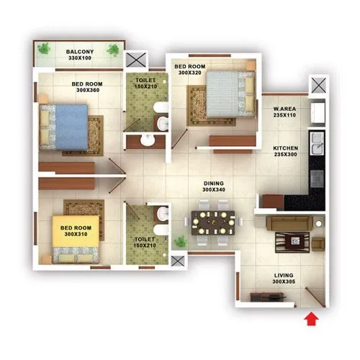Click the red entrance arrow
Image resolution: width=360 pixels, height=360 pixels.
(x=311, y=318)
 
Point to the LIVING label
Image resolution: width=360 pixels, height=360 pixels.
(x=285, y=276)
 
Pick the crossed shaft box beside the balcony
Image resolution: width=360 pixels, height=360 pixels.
(x=135, y=60)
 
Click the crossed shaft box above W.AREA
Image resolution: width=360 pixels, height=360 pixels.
(x=318, y=85)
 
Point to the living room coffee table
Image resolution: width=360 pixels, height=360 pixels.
(x=292, y=240)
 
